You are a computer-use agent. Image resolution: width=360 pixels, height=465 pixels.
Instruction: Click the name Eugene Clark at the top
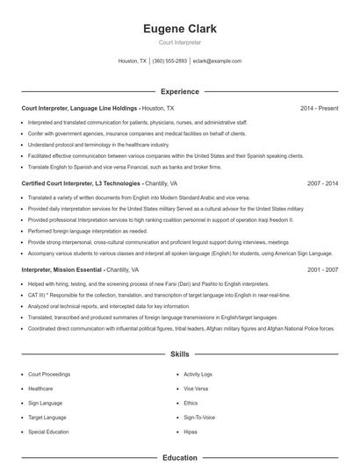click(179, 29)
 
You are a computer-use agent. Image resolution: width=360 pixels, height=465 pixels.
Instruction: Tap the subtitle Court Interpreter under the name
click(179, 42)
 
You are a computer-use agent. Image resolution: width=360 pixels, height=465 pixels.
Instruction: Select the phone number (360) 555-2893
click(169, 61)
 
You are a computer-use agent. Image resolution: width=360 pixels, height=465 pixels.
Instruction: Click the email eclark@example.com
click(217, 61)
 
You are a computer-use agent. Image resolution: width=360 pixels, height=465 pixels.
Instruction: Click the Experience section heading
click(179, 91)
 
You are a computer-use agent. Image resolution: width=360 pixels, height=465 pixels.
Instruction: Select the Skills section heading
click(179, 354)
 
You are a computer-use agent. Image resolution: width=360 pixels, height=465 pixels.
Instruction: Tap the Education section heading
click(179, 457)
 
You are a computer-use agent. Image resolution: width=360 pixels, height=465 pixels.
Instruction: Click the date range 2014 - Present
click(319, 108)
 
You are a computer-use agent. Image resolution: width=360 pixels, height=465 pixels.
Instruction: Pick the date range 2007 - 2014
click(322, 183)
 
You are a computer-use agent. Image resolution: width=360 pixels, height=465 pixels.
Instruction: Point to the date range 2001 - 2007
click(322, 269)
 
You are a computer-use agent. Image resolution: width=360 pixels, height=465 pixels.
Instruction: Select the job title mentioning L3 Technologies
click(82, 183)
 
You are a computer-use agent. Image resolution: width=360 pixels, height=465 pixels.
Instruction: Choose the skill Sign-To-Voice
click(198, 418)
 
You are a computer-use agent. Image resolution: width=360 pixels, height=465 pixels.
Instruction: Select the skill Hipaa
click(191, 433)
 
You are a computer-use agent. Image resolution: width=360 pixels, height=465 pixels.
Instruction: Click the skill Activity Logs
click(198, 374)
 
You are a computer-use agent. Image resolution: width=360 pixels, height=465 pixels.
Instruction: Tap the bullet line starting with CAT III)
click(132, 297)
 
